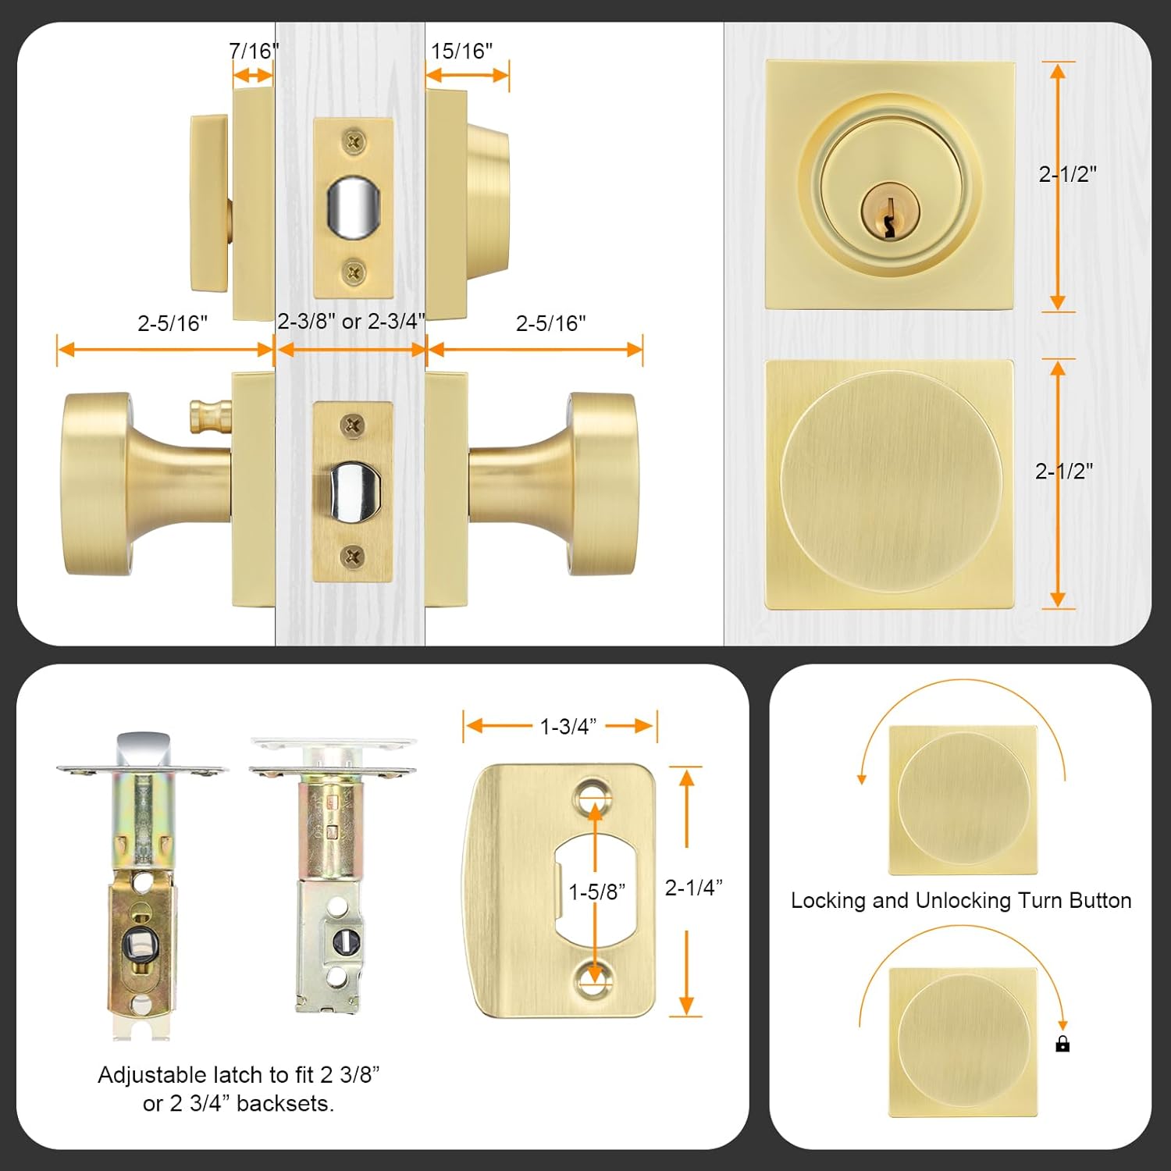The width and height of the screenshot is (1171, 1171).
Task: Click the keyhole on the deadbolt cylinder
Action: tap(888, 215)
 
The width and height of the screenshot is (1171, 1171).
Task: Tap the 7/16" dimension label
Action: tap(254, 52)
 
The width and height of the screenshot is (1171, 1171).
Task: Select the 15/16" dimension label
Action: tap(461, 52)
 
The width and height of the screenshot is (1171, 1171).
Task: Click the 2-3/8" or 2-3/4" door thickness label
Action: tap(351, 322)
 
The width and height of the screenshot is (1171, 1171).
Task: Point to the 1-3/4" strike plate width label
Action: tap(568, 727)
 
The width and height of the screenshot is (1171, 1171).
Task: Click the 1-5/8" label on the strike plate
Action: tap(596, 892)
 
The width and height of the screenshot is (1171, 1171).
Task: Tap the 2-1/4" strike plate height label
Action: tap(693, 888)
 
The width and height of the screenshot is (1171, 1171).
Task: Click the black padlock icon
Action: tap(1062, 1044)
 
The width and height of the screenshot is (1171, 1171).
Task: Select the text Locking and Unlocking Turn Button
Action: tap(961, 901)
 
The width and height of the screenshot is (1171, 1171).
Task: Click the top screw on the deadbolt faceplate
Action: tap(354, 142)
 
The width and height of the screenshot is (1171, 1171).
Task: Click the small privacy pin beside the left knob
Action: tap(210, 417)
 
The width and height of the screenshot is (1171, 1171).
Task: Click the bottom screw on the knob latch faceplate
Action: tap(352, 556)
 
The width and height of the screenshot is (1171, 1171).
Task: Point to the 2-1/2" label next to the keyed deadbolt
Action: tap(1067, 174)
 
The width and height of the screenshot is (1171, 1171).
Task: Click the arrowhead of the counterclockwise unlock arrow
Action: tap(862, 778)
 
